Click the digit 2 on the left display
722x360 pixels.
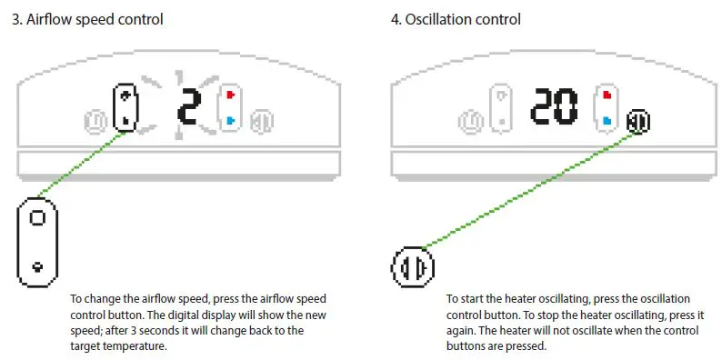pyautogui.click(x=189, y=107)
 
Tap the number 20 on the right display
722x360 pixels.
pyautogui.click(x=554, y=107)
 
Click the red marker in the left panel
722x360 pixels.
pyautogui.click(x=231, y=95)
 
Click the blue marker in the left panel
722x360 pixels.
pyautogui.click(x=231, y=121)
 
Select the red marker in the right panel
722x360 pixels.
pyautogui.click(x=607, y=95)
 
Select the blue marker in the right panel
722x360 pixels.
pyautogui.click(x=607, y=121)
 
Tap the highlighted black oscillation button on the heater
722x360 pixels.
pyautogui.click(x=638, y=122)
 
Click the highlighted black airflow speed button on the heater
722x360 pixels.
pyautogui.click(x=125, y=107)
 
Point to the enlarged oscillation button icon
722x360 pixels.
pyautogui.click(x=413, y=266)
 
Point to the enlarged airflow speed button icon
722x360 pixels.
pyautogui.click(x=37, y=242)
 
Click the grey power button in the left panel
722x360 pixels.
pyautogui.click(x=95, y=122)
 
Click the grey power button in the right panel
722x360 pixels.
pyautogui.click(x=470, y=122)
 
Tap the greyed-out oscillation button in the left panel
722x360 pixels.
pyautogui.click(x=262, y=122)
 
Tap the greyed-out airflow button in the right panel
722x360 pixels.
pyautogui.click(x=500, y=108)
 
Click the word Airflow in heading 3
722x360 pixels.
pyautogui.click(x=46, y=20)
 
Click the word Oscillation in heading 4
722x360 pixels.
pyautogui.click(x=437, y=20)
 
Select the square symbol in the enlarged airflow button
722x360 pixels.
pyautogui.click(x=37, y=217)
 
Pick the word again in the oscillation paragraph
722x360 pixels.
pyautogui.click(x=458, y=331)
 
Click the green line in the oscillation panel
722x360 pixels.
pyautogui.click(x=529, y=190)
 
